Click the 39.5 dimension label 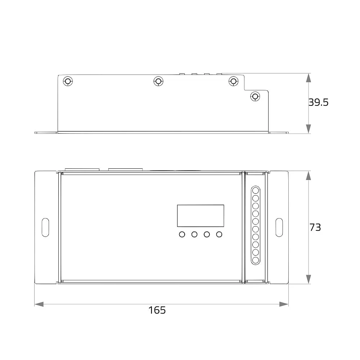318,102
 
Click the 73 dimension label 315,227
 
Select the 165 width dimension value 157,310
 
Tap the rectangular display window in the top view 201,216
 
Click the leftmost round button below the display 182,234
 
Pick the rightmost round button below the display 219,234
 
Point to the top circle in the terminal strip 256,190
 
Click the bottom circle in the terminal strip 256,260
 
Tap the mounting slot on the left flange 45,227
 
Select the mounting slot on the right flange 279,227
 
